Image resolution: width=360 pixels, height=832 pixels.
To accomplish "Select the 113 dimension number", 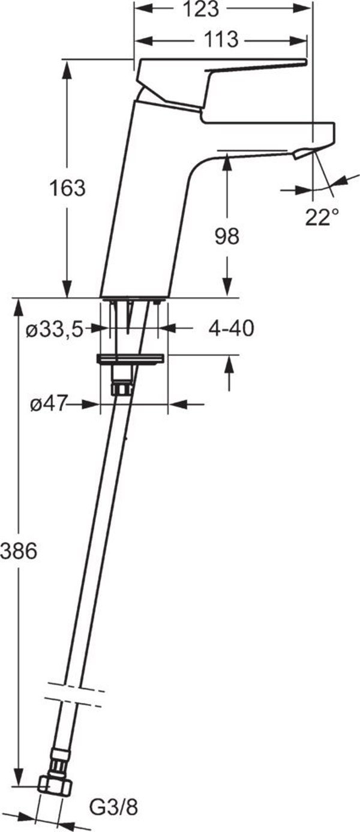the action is pos(221,40).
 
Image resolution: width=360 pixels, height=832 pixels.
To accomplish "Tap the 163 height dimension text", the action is pos(68,188).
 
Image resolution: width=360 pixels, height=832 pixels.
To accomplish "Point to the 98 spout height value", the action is pos(227,237).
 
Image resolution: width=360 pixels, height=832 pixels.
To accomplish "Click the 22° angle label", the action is pos(322,217).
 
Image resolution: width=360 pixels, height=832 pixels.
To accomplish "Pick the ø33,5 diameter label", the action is pos(54,329).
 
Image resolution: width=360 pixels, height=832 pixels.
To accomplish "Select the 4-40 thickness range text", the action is pos(231,328).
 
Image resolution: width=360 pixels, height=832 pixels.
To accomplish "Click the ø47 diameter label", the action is pos(49,403).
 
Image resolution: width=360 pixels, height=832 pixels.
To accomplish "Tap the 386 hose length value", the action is pos(19,550).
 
